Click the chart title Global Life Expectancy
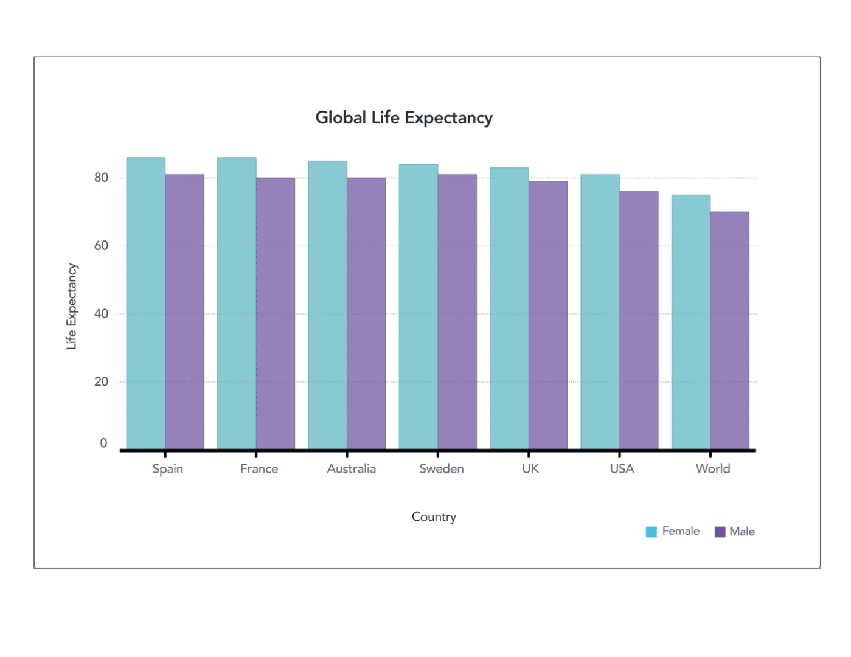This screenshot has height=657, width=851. coord(404,117)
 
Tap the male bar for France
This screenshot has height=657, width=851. coord(276,313)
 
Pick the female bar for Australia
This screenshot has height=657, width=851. coord(327,305)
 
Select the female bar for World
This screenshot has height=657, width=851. coord(691,322)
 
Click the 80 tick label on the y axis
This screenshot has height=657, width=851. coord(101,178)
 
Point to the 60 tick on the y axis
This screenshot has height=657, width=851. coord(101,246)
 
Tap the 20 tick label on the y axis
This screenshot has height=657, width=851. coord(101,382)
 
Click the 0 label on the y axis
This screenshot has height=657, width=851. coord(103,443)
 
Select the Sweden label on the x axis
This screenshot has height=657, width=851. coord(442,469)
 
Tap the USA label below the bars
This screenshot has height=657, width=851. coord(622,469)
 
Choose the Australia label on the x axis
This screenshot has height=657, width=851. coord(351,469)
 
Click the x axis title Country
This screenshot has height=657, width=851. coord(434,516)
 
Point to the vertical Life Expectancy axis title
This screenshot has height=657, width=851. coord(72,306)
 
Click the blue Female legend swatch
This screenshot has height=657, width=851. coord(651,532)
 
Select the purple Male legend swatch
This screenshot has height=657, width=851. coord(720,532)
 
